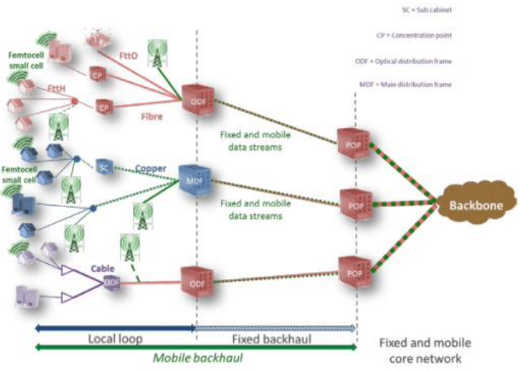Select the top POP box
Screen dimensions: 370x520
349,142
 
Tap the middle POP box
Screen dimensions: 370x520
350,204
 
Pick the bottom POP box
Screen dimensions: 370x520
349,271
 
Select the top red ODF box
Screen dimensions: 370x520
195,100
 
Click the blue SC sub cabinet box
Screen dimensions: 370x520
103,167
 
